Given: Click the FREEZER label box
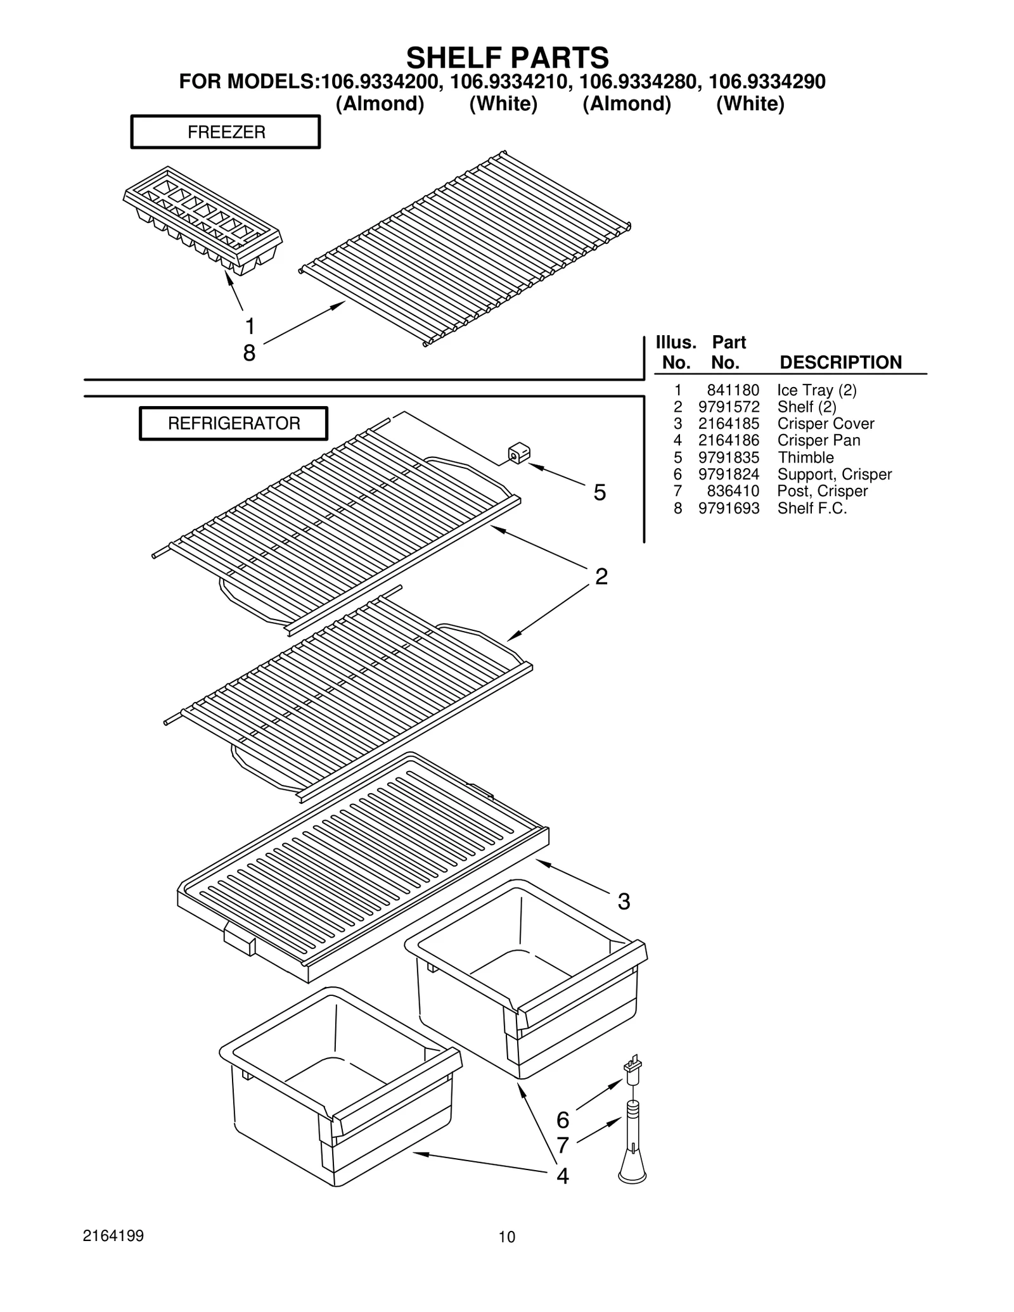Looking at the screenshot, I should [x=225, y=132].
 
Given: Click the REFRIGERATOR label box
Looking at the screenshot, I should [x=233, y=423].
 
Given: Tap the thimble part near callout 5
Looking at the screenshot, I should [x=518, y=454].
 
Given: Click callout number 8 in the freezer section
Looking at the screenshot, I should [x=249, y=353].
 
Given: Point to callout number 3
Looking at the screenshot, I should [x=624, y=901].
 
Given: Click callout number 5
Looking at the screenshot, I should [x=599, y=492].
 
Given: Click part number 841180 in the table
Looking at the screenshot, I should [x=733, y=390].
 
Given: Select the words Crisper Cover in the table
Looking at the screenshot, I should [x=825, y=424].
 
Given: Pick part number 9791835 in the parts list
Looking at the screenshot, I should [x=728, y=457].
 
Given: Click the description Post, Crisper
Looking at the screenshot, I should [x=822, y=491].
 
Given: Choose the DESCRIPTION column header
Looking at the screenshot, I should [x=840, y=362].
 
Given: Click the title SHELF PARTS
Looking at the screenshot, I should [x=507, y=58].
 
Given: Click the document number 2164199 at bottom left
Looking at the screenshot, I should [x=113, y=1236].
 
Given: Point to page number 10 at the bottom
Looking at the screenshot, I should [x=506, y=1237].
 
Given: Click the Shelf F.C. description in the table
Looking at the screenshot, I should [x=812, y=508].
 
